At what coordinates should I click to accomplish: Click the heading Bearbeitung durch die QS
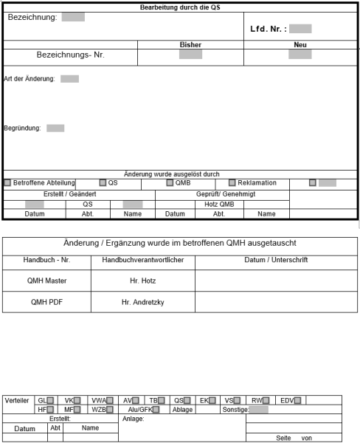tap(181, 6)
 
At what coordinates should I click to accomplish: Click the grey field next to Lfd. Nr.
tap(300, 30)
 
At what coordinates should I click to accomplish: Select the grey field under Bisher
tap(190, 54)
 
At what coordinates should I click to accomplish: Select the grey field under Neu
tap(300, 54)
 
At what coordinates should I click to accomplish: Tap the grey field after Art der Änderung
tap(69, 79)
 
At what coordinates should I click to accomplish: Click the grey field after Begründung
tap(55, 128)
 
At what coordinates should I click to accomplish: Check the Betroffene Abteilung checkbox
tap(7, 182)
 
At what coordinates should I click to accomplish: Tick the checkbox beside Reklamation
tap(232, 182)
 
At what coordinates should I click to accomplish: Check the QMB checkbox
tap(170, 182)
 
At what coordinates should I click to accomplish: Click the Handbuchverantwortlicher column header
tap(137, 260)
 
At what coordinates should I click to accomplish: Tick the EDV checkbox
tap(298, 400)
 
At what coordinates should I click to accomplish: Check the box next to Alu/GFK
tap(156, 409)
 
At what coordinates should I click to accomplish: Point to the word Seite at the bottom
tap(283, 437)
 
